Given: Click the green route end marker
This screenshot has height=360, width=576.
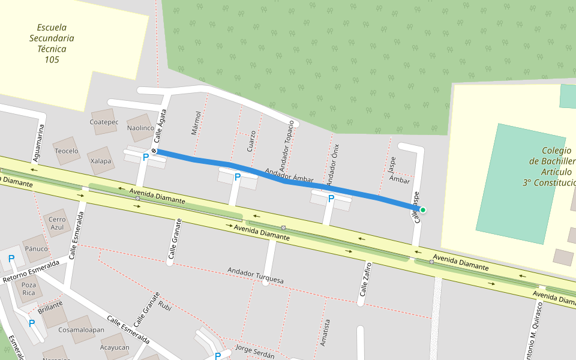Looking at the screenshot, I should coord(423,209).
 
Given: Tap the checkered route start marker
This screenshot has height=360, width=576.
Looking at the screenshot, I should coord(154,151).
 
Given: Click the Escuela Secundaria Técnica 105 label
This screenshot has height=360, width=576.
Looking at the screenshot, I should coord(52,43).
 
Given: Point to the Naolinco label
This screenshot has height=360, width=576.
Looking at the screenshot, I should coord(141,128).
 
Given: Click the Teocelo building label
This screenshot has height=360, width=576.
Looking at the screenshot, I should coord(67,151).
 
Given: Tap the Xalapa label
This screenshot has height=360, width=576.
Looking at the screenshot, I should coord(101,161).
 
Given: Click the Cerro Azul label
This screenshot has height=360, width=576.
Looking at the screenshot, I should coord(57,223).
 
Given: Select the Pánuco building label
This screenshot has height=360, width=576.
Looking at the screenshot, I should coord(36,248).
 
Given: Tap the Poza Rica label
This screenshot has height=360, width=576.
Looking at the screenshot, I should coord(29,289).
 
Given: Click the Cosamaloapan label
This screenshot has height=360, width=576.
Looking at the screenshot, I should coord(82,329).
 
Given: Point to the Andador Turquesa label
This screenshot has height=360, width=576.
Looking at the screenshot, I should coord(255,275).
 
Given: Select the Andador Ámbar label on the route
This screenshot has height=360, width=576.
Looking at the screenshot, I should coord(290,175).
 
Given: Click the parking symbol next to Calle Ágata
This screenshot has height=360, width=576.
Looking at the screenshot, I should coord(145,157).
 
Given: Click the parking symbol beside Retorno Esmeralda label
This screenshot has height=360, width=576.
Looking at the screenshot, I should coord(11,259).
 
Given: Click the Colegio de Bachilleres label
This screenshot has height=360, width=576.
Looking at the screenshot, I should coord(548,167).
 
